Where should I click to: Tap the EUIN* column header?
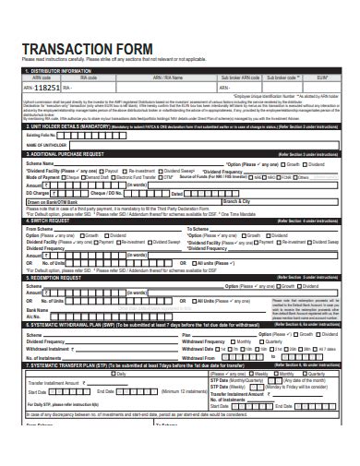tap(321, 78)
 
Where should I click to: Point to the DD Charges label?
tap(40, 193)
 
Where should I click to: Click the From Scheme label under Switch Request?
tap(42, 228)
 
